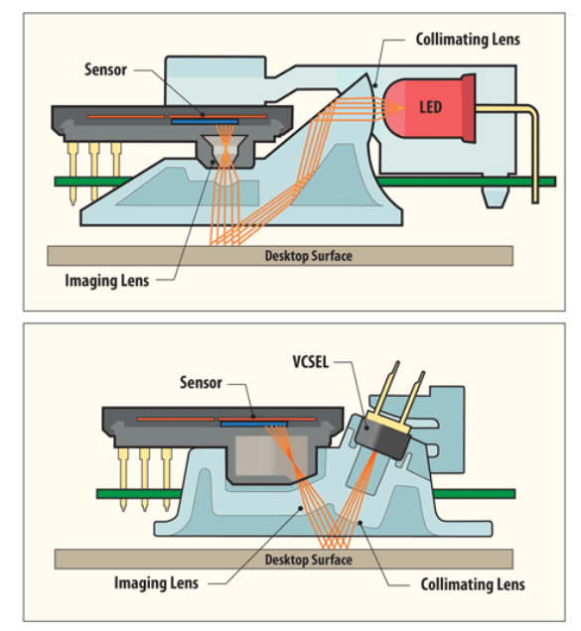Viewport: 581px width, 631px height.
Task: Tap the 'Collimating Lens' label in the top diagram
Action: click(x=468, y=40)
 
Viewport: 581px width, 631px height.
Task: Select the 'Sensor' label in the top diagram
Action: click(x=105, y=69)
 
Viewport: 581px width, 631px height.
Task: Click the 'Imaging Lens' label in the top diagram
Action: click(x=107, y=281)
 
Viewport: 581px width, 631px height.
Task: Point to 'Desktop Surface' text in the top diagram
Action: click(x=308, y=256)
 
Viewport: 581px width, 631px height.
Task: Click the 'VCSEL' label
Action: click(x=310, y=362)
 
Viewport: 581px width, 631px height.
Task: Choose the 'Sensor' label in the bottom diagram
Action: click(x=201, y=382)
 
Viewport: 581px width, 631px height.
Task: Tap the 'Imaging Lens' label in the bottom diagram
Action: click(x=156, y=582)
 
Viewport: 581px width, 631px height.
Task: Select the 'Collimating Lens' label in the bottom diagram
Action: click(x=473, y=584)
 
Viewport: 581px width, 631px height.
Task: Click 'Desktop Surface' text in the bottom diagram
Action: click(x=308, y=560)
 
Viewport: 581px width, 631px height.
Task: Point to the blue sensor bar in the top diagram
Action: click(x=205, y=121)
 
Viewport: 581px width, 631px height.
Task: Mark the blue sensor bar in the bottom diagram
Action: click(x=254, y=425)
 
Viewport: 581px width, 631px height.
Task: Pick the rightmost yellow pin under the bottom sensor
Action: click(x=166, y=479)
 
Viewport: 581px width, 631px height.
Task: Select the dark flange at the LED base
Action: click(x=469, y=108)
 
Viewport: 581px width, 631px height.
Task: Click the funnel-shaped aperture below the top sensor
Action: click(x=225, y=150)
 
